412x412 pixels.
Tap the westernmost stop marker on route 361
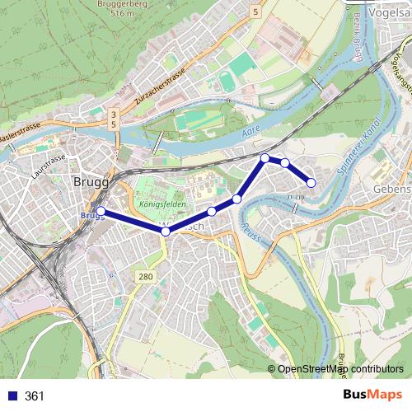coord(101,212)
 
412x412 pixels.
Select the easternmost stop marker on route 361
coord(311,182)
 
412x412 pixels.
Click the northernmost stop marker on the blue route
coord(265,157)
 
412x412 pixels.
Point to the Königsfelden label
coord(162,203)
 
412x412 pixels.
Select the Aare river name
coord(250,132)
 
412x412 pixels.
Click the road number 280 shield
coord(146,276)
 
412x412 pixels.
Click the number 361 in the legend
coord(35,396)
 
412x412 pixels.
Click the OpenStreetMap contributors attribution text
coord(339,369)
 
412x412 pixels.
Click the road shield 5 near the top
coord(256,12)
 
